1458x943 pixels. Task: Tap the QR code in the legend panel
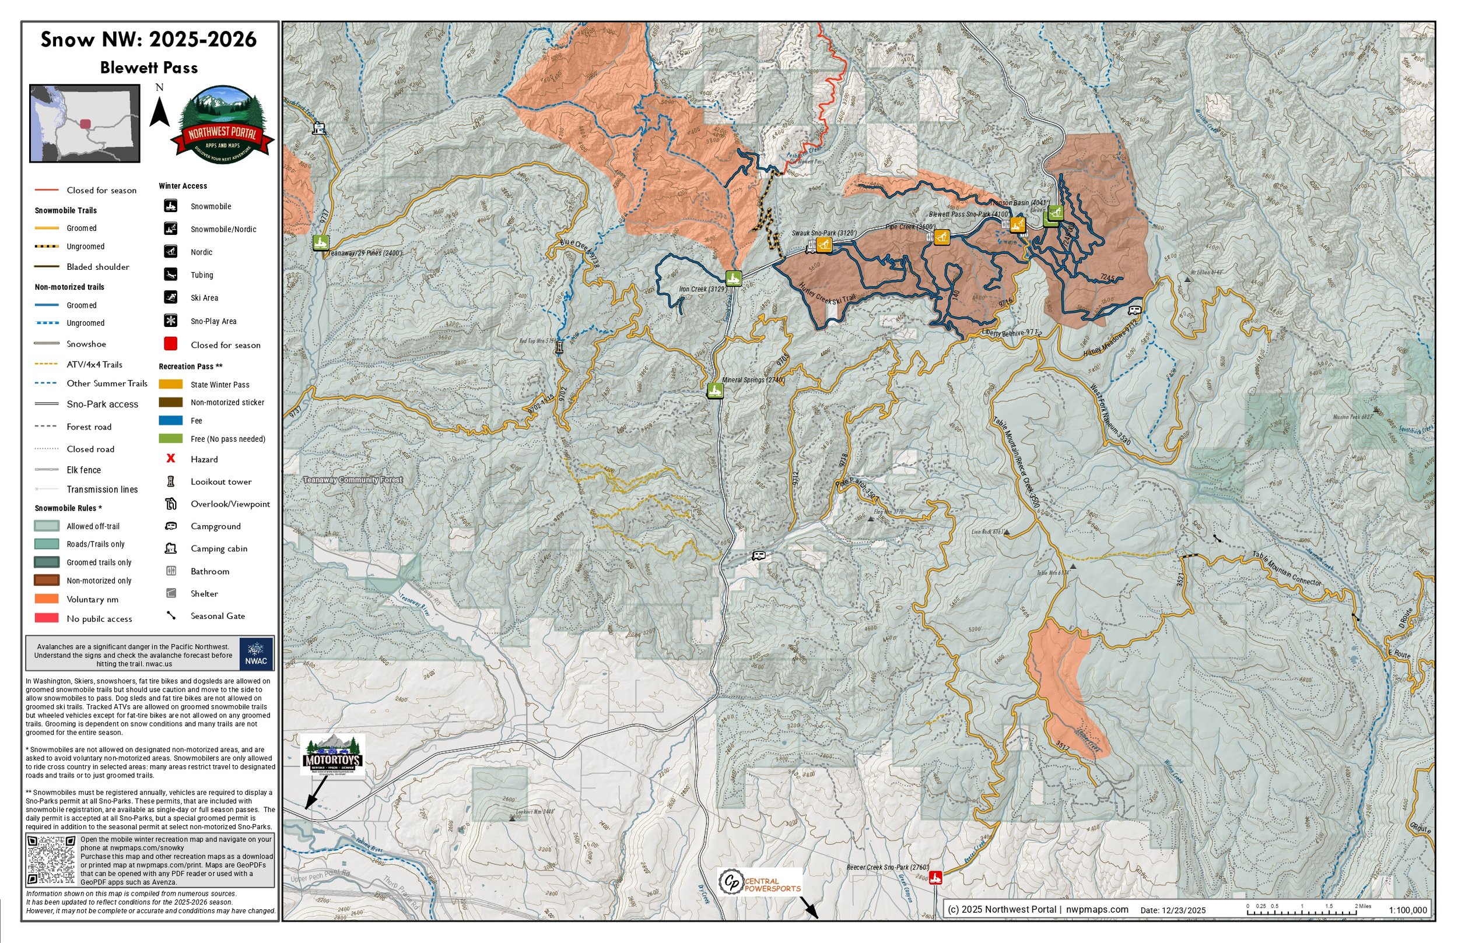click(51, 859)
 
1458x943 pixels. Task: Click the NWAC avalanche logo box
click(256, 654)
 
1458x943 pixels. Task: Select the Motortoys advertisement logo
click(332, 755)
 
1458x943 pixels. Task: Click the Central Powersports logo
click(760, 882)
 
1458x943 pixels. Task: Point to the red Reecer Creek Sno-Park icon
click(935, 878)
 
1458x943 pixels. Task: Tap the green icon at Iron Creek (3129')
click(733, 279)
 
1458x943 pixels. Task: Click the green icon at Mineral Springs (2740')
click(715, 390)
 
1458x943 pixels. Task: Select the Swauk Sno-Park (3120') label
click(823, 233)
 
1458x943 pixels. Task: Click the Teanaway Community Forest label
click(353, 480)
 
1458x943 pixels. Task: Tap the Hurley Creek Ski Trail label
click(827, 294)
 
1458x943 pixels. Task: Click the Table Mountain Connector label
click(1287, 569)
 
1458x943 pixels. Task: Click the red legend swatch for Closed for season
click(171, 344)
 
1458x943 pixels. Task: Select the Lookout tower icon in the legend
click(171, 481)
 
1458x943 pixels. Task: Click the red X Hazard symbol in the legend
click(171, 459)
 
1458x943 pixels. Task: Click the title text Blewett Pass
click(149, 68)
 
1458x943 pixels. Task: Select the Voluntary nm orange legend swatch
click(47, 599)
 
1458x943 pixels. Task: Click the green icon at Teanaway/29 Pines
click(320, 242)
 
